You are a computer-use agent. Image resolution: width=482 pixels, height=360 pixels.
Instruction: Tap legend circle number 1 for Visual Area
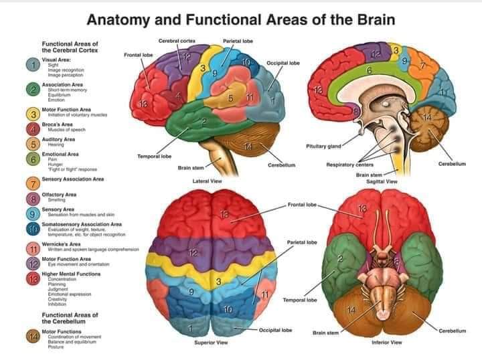pyautogui.click(x=32, y=65)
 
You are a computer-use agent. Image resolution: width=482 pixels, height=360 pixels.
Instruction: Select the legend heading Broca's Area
pyautogui.click(x=57, y=124)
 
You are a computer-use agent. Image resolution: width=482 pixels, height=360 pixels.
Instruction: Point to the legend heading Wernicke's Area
pyautogui.click(x=60, y=244)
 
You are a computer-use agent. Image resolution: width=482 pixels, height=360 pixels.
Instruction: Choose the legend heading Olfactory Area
pyautogui.click(x=60, y=194)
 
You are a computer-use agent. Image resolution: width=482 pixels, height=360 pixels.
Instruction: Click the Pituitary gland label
pyautogui.click(x=323, y=145)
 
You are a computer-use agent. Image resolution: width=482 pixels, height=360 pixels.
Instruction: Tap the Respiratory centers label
pyautogui.click(x=350, y=165)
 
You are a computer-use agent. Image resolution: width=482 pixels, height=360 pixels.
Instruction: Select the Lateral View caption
pyautogui.click(x=207, y=181)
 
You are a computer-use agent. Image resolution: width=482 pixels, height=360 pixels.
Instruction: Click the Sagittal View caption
pyautogui.click(x=382, y=181)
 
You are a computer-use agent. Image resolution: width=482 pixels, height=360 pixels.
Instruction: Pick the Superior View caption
pyautogui.click(x=211, y=342)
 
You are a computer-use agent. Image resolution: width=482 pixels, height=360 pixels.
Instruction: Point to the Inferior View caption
pyautogui.click(x=386, y=342)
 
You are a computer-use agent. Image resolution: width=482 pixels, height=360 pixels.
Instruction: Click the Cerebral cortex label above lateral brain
pyautogui.click(x=177, y=41)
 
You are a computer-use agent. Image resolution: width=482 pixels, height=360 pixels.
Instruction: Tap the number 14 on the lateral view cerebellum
pyautogui.click(x=248, y=146)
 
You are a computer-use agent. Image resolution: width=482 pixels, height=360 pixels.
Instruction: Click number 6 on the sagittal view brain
pyautogui.click(x=368, y=70)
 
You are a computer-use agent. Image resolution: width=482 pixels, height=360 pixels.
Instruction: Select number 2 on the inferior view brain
pyautogui.click(x=340, y=259)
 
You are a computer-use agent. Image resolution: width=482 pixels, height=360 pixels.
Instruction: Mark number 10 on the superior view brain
pyautogui.click(x=228, y=309)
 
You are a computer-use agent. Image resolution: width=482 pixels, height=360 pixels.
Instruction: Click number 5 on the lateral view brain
pyautogui.click(x=230, y=98)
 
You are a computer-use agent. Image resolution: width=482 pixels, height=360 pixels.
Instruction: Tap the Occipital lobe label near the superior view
pyautogui.click(x=275, y=330)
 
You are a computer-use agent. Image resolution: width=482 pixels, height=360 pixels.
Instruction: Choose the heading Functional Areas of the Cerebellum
pyautogui.click(x=70, y=317)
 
